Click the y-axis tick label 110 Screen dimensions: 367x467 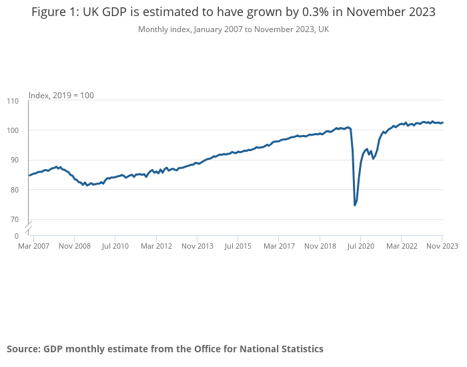point(13,101)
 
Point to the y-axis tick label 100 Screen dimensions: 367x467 point(13,130)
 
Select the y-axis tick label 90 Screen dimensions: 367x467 point(15,160)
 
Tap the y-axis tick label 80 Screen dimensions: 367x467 point(15,190)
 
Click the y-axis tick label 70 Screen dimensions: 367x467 point(15,219)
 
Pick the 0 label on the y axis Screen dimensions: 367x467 point(17,236)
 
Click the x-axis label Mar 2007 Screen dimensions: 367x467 point(33,246)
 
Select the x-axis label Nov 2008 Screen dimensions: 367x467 point(74,246)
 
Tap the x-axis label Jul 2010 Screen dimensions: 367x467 point(115,246)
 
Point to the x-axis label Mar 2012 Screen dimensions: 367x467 point(156,246)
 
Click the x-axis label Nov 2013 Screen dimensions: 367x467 point(197,246)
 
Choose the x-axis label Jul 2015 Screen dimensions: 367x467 point(238,246)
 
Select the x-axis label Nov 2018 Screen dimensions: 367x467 point(320,246)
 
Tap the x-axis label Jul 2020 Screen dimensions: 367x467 point(360,246)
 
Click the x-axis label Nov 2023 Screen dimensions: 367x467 point(442,246)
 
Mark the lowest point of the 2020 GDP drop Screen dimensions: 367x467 point(355,205)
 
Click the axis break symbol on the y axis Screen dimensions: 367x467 point(28,228)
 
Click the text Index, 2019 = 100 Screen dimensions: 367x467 point(61,96)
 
